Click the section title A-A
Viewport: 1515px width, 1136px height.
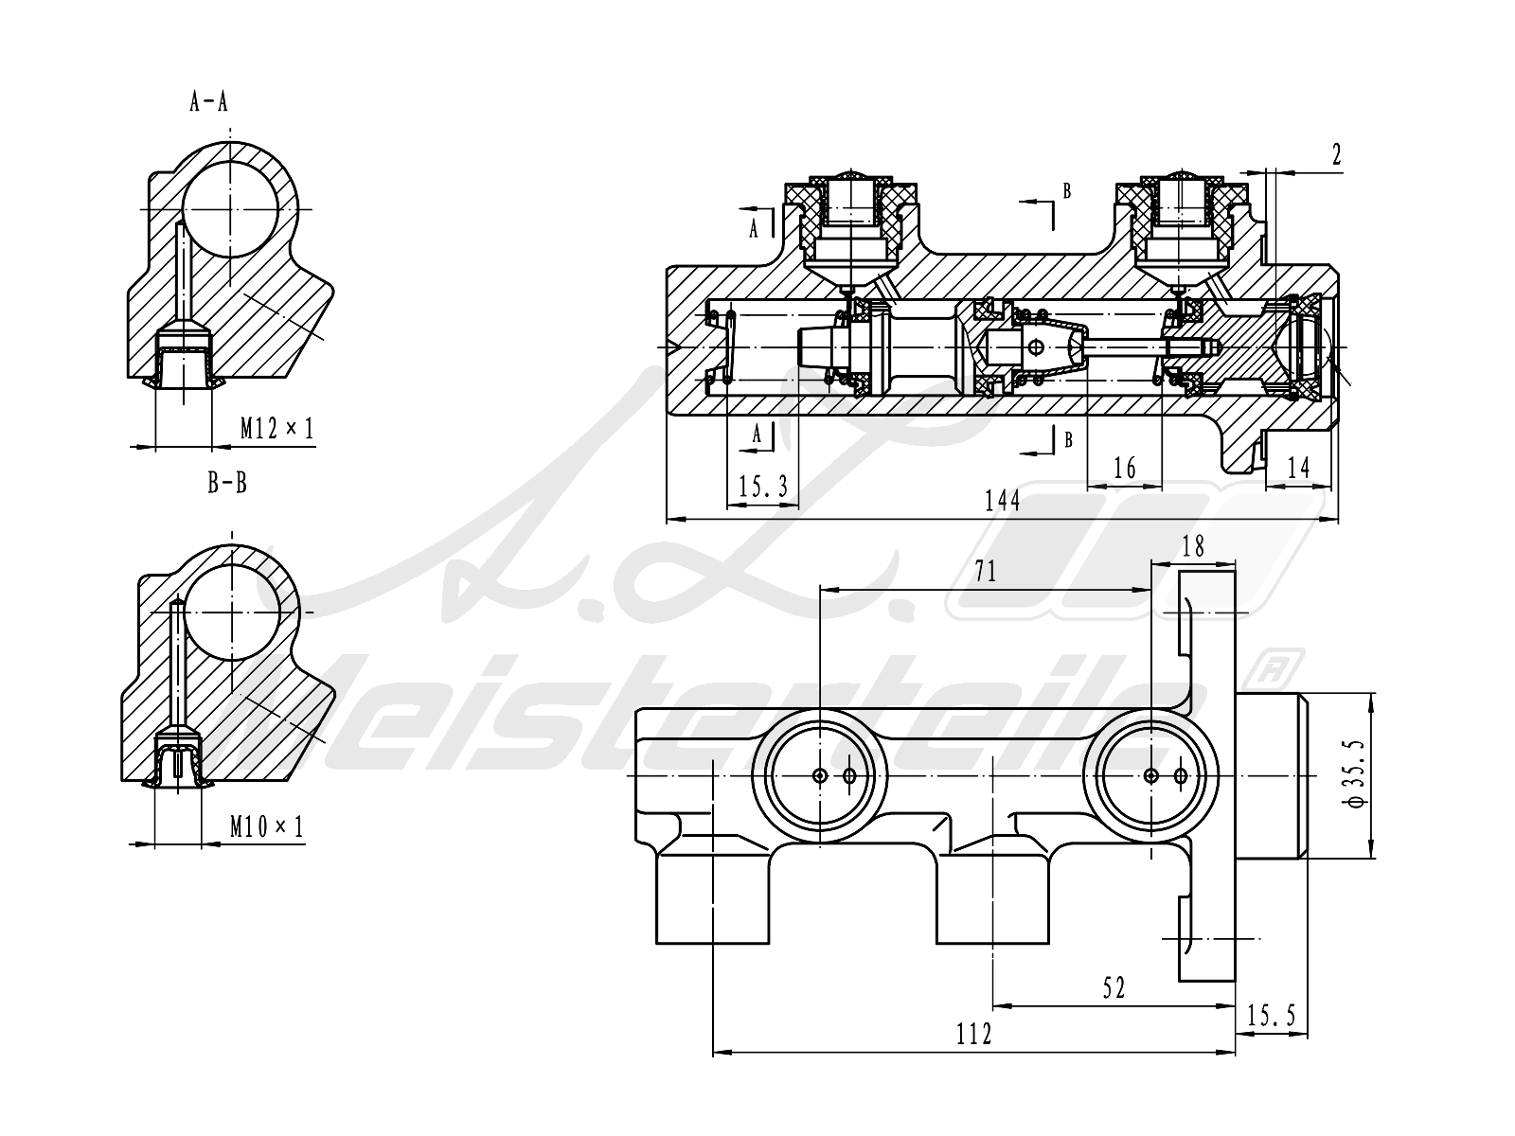tap(208, 102)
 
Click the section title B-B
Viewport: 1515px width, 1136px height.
tap(227, 483)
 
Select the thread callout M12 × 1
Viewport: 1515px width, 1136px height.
tap(276, 429)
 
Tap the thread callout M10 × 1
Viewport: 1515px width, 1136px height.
tap(266, 825)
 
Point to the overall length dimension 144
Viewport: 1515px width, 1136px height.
tap(1002, 501)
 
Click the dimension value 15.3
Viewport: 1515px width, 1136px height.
tap(763, 487)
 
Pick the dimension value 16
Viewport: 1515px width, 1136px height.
tap(1124, 469)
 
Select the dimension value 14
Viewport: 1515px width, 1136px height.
tap(1298, 468)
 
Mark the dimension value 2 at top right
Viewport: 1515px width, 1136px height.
tap(1336, 155)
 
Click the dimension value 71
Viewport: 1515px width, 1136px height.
tap(986, 571)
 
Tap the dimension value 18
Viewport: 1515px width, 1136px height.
tap(1193, 547)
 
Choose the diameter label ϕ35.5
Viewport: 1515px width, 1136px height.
tap(1355, 773)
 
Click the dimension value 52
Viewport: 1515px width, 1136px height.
tap(1114, 987)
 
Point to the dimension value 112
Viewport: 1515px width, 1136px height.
tap(974, 1034)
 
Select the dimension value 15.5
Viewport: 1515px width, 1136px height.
tap(1272, 1015)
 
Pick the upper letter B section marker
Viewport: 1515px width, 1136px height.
tap(1066, 191)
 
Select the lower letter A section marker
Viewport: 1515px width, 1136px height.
tap(757, 434)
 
